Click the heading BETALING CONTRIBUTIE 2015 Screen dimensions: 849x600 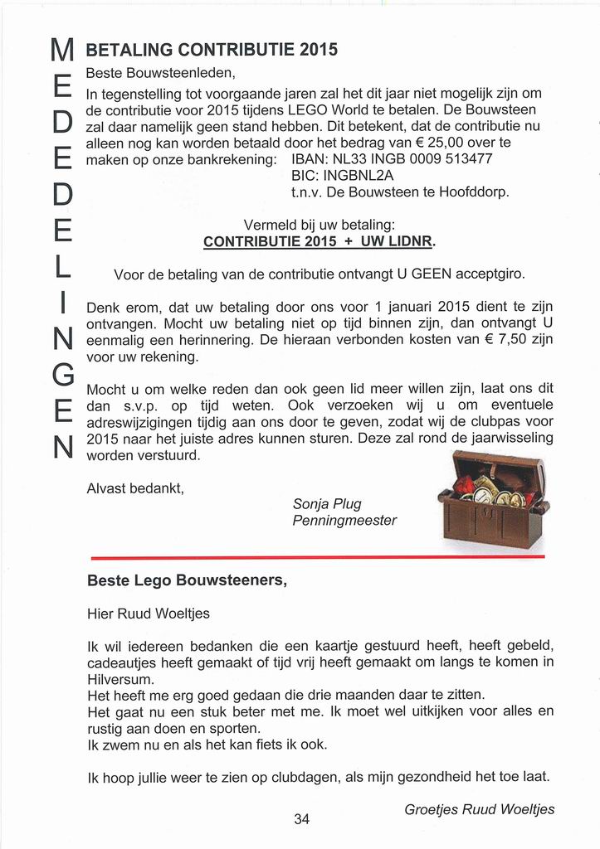212,49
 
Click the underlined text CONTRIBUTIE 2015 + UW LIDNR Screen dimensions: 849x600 319,242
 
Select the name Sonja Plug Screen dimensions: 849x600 327,504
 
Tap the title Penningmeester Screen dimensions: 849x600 344,521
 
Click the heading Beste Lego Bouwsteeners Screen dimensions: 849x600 187,581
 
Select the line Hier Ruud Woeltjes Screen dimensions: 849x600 149,614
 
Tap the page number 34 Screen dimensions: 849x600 301,819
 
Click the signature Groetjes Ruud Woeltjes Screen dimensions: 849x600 479,809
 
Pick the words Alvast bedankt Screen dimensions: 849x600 134,489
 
